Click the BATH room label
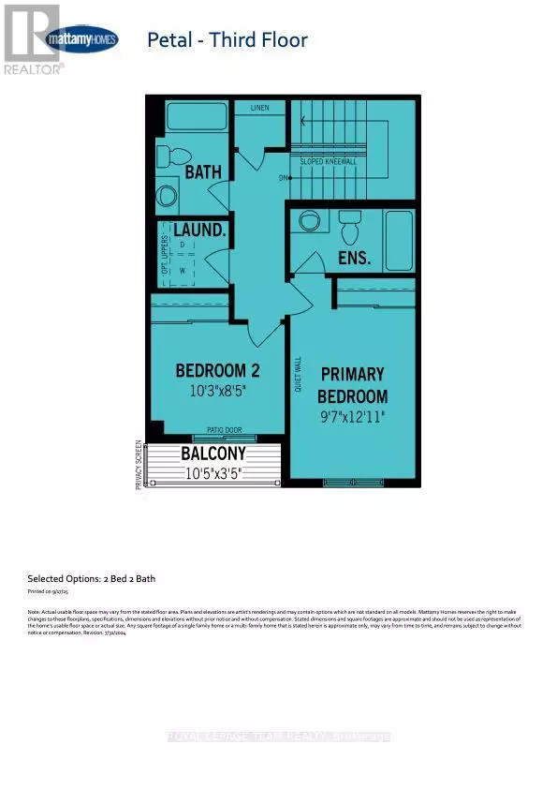[202, 172]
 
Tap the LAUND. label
[194, 230]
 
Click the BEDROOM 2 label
[215, 370]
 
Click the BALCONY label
[213, 454]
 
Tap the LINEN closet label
[259, 108]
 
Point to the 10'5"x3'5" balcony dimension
[213, 472]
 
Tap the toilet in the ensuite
[350, 225]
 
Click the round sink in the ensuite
[307, 223]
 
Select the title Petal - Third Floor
[227, 40]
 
